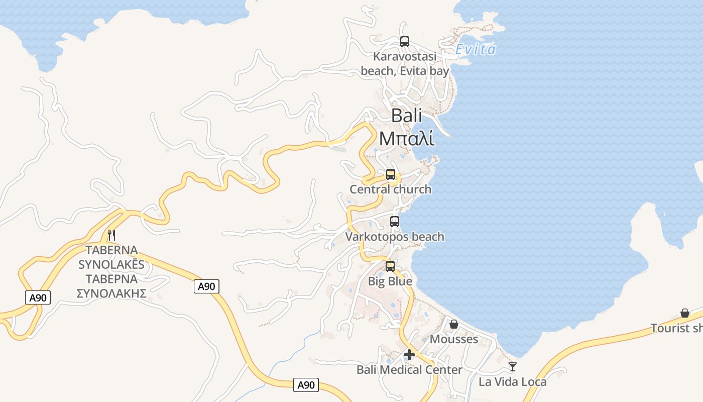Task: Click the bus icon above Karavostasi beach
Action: click(x=404, y=42)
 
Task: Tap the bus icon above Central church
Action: click(x=390, y=175)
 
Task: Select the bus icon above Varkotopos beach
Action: click(x=395, y=222)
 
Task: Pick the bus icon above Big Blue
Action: click(x=390, y=266)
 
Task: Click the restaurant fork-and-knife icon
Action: click(x=111, y=235)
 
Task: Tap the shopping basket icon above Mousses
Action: click(x=454, y=324)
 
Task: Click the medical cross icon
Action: click(x=409, y=355)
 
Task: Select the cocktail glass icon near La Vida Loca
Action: click(x=512, y=367)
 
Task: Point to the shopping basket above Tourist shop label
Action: click(x=685, y=313)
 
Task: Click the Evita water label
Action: click(x=476, y=49)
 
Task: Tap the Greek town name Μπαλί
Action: click(x=407, y=138)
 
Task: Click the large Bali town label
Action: click(x=406, y=116)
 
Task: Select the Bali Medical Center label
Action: click(x=409, y=370)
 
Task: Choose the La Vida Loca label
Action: click(x=512, y=382)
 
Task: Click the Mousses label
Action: click(x=454, y=339)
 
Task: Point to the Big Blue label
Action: click(x=390, y=281)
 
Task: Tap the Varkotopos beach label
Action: click(x=395, y=237)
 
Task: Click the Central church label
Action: click(x=390, y=189)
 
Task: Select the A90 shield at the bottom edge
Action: click(x=306, y=385)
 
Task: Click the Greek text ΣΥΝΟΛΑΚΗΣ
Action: click(x=111, y=293)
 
